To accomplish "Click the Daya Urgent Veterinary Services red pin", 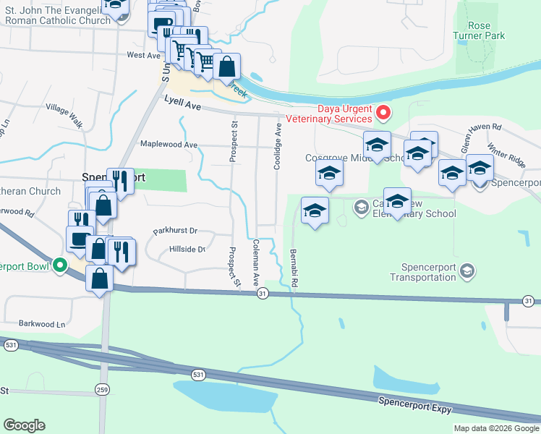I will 383,114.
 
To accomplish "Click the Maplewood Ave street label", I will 169,145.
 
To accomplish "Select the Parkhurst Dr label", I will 175,231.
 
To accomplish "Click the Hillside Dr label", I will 187,249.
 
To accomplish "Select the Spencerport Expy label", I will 414,405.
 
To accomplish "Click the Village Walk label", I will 64,116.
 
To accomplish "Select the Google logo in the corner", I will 24,425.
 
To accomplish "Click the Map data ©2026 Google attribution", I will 496,428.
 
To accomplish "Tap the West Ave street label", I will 143,55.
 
